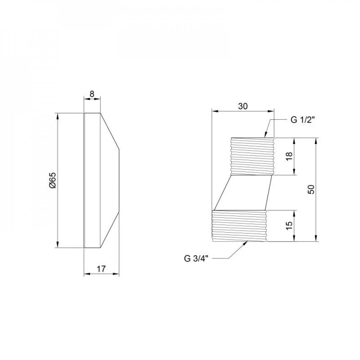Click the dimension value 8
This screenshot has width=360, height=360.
coord(92,94)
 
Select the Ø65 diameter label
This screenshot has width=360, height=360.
coord(53,180)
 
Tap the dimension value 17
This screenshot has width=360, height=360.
coord(101,269)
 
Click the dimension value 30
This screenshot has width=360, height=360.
coord(243,106)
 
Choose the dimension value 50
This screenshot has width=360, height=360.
coord(311,189)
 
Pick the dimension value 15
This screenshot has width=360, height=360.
coord(289,226)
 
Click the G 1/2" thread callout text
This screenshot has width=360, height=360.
coord(302,120)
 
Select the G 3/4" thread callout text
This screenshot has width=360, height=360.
coord(196,258)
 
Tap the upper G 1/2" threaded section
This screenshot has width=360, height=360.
coord(252,156)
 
